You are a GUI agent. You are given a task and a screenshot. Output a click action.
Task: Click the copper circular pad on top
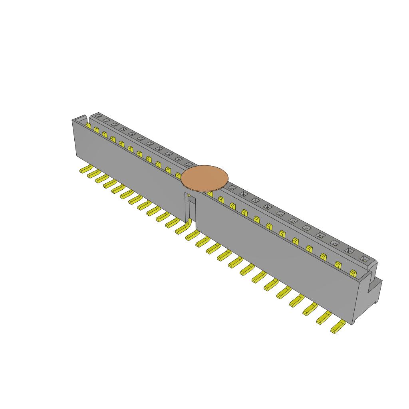204,178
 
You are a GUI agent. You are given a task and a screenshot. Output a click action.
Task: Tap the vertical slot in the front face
191,208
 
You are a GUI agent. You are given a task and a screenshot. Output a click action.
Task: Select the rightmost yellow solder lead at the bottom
338,327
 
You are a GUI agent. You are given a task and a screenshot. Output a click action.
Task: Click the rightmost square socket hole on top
364,259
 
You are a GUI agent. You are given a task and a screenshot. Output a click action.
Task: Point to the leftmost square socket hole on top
98,116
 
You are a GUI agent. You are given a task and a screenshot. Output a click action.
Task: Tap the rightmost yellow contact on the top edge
353,274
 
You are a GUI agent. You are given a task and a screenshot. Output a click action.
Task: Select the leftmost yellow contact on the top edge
88,125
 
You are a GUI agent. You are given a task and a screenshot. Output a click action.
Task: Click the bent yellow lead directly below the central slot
183,229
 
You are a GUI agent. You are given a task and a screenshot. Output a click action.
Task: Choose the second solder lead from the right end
325,318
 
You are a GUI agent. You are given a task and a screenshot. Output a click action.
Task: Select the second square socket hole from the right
349,251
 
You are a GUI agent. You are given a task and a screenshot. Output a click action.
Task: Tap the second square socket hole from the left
106,120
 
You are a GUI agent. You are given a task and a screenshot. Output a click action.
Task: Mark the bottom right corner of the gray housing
352,324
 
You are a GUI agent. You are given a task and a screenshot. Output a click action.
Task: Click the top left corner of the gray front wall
73,120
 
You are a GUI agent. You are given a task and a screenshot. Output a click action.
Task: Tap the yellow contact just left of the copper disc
178,175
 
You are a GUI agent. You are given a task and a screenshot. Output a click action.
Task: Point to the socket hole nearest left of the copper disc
189,164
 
